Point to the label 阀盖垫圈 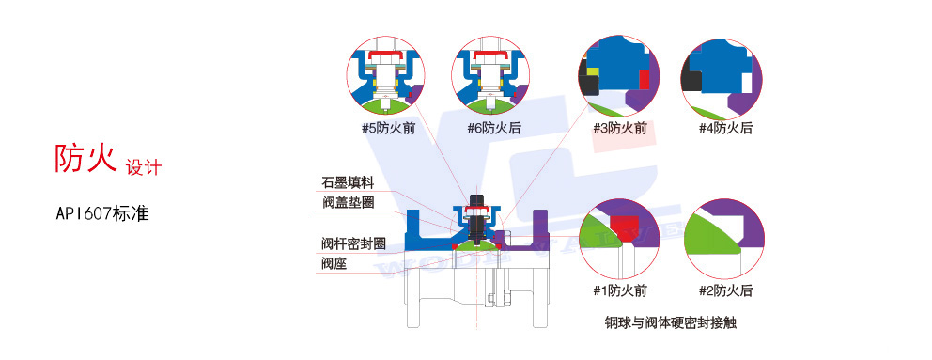(x=349, y=201)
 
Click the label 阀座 (x=334, y=263)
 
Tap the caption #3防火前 (x=619, y=128)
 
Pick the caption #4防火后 (x=725, y=128)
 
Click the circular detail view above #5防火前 (x=386, y=76)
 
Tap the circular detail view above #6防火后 (x=489, y=76)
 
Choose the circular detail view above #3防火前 (x=617, y=75)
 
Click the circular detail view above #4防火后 (x=719, y=75)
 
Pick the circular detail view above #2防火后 (x=722, y=241)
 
